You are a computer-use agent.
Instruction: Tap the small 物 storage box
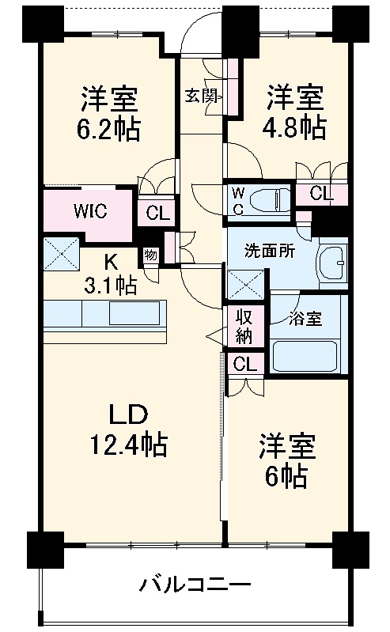(x=150, y=255)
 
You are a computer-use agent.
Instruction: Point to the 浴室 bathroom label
(x=305, y=319)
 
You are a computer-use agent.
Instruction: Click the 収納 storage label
(x=244, y=326)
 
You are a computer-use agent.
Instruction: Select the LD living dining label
(x=127, y=415)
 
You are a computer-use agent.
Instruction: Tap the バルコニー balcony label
(x=195, y=586)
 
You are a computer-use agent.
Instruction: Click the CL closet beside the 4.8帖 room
(x=320, y=193)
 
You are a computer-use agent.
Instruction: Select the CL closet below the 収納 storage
(x=244, y=365)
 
